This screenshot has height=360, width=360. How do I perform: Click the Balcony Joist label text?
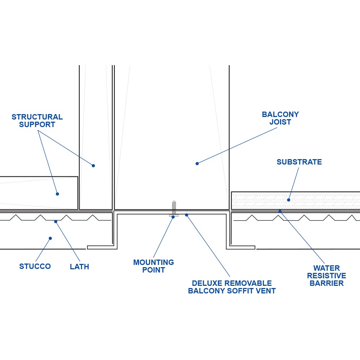coord(280,118)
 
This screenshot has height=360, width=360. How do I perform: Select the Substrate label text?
coord(299,162)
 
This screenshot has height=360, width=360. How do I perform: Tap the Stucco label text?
coord(35,266)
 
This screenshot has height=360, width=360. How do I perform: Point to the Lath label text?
coord(79,267)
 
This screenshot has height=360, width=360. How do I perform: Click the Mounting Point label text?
coord(153,266)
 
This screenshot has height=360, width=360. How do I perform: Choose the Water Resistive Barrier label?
coord(326,276)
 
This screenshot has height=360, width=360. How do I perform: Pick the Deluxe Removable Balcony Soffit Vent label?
coord(232,287)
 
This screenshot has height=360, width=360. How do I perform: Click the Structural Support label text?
coord(37,121)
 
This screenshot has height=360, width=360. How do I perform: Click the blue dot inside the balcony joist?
coord(197,163)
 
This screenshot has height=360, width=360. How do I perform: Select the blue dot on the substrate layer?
coord(288,200)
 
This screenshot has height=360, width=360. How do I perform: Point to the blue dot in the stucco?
coord(50,238)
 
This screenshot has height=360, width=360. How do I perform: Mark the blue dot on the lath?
coord(55,221)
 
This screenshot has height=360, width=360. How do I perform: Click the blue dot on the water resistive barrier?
coord(280,211)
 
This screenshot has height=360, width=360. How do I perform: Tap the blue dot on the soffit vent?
coord(186,215)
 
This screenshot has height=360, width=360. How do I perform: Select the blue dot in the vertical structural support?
coord(93,166)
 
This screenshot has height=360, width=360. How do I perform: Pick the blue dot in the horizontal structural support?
coord(57,194)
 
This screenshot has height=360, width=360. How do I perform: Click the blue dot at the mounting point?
coord(173,217)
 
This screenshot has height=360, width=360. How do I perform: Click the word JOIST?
coord(280,122)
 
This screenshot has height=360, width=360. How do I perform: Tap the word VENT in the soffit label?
coord(267,291)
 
